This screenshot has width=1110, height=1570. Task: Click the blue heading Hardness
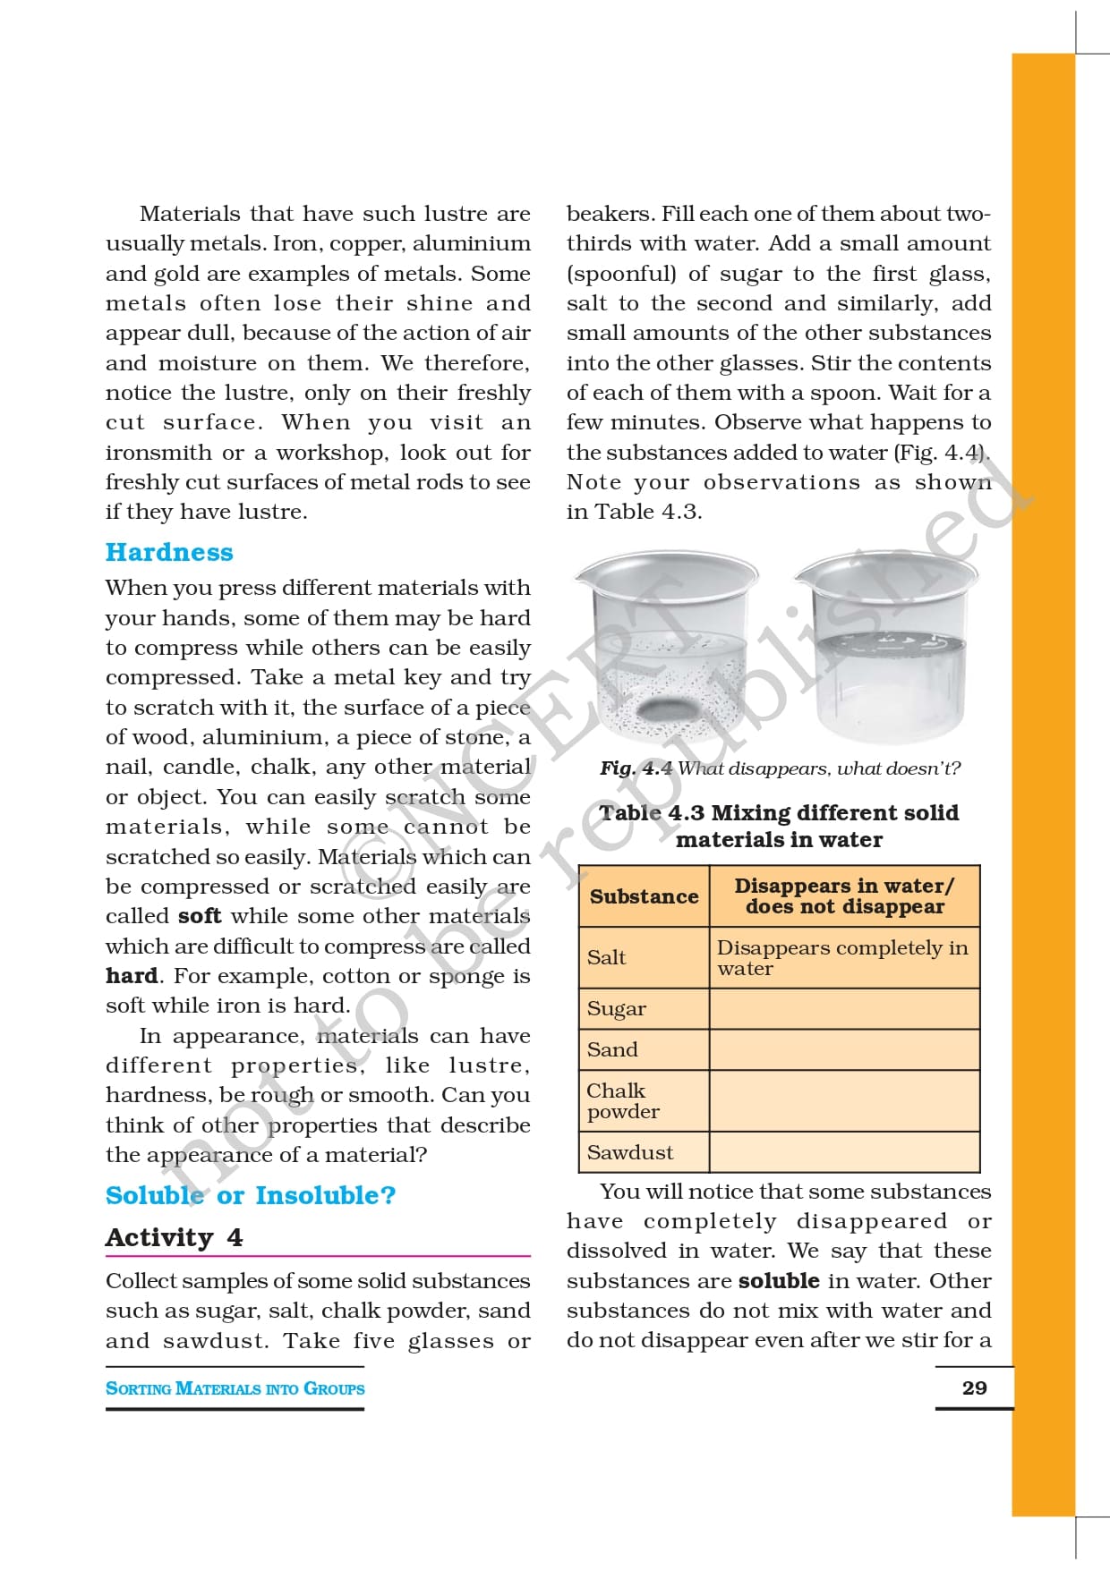pos(169,552)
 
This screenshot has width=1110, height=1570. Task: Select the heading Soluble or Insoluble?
pos(251,1195)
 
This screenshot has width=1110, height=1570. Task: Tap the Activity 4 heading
pos(174,1237)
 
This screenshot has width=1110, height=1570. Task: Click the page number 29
pos(974,1388)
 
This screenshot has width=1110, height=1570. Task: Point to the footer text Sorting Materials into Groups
pos(235,1388)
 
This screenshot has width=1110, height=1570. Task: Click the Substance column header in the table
pos(644,896)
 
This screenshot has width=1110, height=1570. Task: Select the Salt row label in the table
pos(607,957)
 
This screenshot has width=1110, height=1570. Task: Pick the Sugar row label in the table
pos(617,1009)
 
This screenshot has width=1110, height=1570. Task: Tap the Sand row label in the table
pos(612,1049)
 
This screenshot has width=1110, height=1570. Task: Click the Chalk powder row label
pos(622,1100)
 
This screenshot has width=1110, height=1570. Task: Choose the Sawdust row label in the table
pos(630,1152)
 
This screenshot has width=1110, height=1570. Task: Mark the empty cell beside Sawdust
pos(844,1152)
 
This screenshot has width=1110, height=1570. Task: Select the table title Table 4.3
pos(779,826)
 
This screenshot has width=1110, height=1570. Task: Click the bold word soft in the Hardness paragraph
pos(199,916)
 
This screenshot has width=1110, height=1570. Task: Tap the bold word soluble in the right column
pos(779,1280)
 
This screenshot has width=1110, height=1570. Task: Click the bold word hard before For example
pos(132,976)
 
